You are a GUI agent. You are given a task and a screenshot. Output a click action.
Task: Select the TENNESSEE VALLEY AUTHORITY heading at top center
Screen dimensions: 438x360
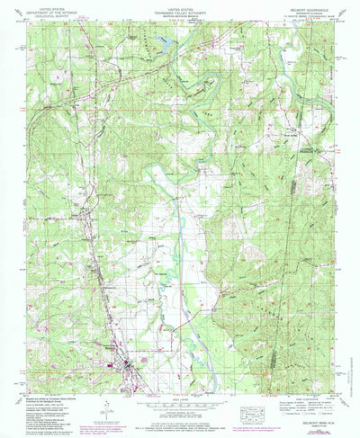coord(180,12)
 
